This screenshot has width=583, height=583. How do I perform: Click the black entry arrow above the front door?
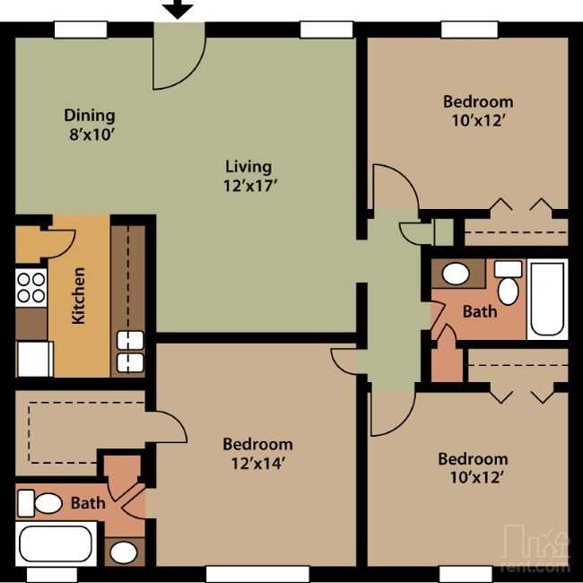click(178, 9)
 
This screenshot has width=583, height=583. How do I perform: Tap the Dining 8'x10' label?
click(90, 125)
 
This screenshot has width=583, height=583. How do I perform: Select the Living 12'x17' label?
click(248, 176)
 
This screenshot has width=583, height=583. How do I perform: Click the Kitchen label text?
click(78, 296)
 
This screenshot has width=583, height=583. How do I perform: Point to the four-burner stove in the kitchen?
click(31, 287)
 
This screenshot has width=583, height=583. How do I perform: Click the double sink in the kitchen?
click(130, 352)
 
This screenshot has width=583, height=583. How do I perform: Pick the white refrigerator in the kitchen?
click(34, 359)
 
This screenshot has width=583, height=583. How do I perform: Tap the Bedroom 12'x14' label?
click(257, 454)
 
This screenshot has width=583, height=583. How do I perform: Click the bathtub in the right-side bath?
click(547, 300)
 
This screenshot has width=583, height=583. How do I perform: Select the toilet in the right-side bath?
click(508, 283)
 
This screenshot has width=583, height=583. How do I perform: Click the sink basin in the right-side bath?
click(456, 274)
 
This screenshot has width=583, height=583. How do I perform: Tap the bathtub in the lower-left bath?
click(57, 544)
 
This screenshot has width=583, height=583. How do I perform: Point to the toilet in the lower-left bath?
click(40, 503)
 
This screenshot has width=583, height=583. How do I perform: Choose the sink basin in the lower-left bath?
click(124, 553)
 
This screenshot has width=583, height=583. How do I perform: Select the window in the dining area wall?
click(81, 30)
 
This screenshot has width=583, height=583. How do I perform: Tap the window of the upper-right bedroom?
click(469, 30)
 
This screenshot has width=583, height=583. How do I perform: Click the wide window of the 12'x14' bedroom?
click(257, 574)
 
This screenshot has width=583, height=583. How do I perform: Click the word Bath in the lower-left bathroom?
click(88, 503)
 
